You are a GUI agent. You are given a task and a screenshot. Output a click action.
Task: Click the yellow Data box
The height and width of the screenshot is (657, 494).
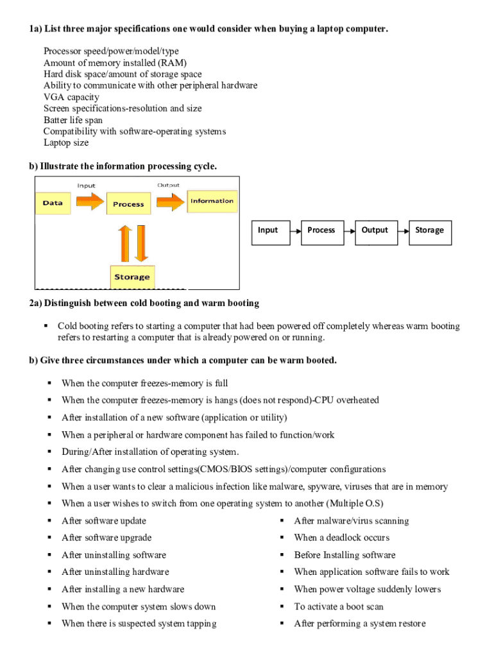click(53, 203)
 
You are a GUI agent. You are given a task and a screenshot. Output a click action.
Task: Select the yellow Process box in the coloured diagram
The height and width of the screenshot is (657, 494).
click(128, 205)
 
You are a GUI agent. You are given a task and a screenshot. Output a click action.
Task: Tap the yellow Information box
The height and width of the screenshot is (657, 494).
click(212, 201)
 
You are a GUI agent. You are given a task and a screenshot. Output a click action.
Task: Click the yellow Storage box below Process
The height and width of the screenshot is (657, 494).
click(132, 277)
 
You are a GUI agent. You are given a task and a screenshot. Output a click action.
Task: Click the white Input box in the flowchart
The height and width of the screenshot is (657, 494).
click(268, 230)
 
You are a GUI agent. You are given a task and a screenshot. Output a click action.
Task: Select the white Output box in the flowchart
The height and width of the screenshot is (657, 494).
click(375, 230)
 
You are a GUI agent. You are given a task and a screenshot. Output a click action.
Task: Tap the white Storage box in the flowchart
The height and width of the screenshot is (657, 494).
click(429, 230)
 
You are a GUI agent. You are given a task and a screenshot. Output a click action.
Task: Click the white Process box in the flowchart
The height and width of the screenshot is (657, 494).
click(321, 230)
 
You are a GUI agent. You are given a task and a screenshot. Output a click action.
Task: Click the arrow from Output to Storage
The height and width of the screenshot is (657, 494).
click(402, 230)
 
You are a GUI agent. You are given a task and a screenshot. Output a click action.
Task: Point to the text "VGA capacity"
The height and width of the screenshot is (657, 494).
click(71, 97)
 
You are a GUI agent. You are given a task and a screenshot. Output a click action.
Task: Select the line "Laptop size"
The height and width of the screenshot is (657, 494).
click(66, 142)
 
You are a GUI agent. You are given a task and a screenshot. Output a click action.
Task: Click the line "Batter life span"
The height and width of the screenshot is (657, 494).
click(73, 120)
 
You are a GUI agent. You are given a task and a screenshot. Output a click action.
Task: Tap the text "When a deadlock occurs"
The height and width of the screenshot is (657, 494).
click(341, 538)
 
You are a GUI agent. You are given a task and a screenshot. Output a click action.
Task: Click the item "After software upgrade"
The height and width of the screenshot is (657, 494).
click(106, 538)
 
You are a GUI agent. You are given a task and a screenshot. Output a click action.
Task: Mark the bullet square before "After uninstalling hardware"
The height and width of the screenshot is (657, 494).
click(49, 572)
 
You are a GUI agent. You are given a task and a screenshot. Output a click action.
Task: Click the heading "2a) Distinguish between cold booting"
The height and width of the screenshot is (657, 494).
click(144, 303)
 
